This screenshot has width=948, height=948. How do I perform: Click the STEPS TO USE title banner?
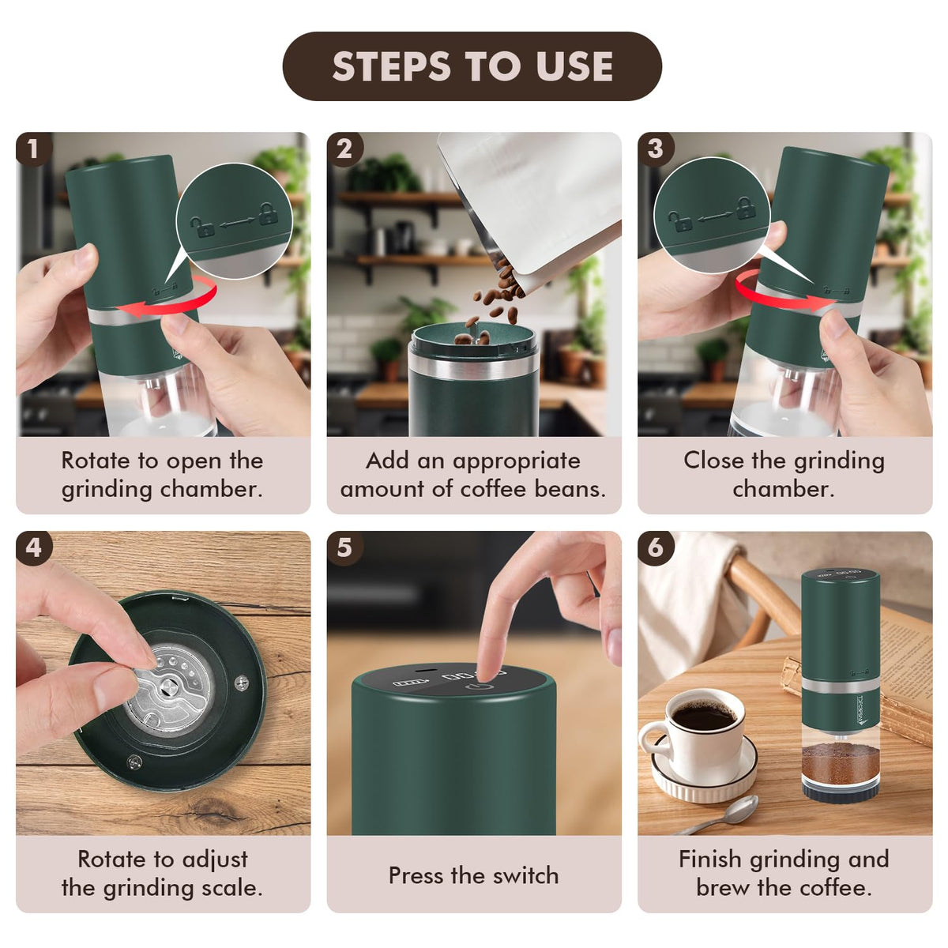tap(472, 66)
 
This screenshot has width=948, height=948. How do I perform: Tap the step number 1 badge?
tap(33, 149)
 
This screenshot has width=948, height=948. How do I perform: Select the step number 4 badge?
tap(33, 547)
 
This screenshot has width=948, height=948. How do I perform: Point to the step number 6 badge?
tap(655, 547)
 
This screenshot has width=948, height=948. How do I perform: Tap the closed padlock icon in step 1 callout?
tap(268, 214)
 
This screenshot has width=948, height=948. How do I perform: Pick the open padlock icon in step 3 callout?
tap(680, 221)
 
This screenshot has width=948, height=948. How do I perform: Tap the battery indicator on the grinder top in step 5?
tap(404, 683)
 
